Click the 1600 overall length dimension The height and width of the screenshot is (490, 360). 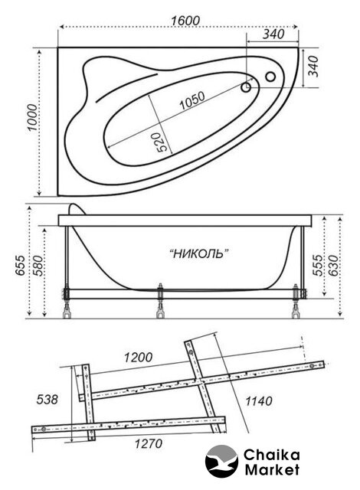click(x=185, y=21)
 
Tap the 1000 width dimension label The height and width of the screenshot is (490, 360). click(x=32, y=118)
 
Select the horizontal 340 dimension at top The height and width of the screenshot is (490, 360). click(x=273, y=34)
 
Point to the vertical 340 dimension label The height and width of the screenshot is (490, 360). click(x=313, y=67)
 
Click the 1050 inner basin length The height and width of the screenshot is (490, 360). click(x=192, y=100)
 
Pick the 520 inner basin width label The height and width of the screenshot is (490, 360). click(x=162, y=142)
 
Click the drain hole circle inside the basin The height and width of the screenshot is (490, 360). click(x=246, y=87)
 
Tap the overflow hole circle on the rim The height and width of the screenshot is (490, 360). click(x=270, y=77)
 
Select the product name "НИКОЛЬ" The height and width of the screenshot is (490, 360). click(x=198, y=253)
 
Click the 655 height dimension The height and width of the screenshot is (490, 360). click(x=21, y=266)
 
